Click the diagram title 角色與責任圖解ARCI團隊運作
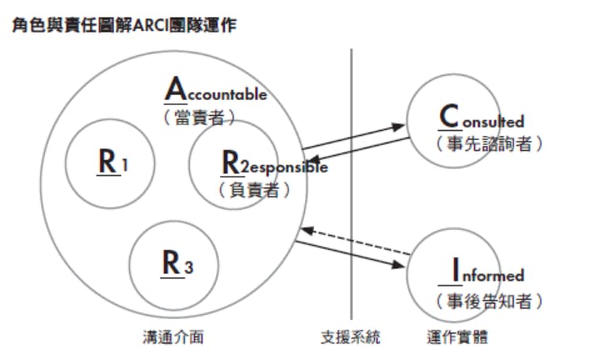tap(122, 27)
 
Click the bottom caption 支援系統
tap(351, 338)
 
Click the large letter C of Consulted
tap(450, 117)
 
